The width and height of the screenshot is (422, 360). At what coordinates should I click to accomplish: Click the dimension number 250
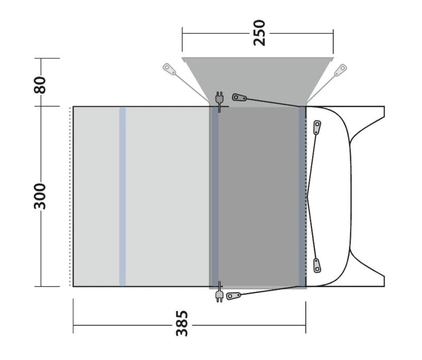[259, 33]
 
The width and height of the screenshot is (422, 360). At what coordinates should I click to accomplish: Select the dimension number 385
[182, 323]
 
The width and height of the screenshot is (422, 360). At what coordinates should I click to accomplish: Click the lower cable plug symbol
[219, 295]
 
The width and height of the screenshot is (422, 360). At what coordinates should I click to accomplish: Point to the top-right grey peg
[341, 69]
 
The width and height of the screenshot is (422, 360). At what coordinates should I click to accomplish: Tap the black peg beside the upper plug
[240, 98]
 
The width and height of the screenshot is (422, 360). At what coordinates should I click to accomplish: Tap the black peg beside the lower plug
[233, 295]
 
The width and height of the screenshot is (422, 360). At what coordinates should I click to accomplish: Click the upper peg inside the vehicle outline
[317, 127]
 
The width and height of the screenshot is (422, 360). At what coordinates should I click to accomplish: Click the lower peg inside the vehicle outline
[317, 265]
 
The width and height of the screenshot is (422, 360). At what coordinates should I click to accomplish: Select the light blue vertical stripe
[123, 196]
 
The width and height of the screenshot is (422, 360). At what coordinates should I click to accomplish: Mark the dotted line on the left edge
[70, 196]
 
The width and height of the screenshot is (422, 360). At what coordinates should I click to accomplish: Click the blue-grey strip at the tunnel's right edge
[302, 196]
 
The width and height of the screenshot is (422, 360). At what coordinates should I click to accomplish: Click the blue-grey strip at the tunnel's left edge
[215, 196]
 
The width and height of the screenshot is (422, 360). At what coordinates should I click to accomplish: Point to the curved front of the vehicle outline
[350, 196]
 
